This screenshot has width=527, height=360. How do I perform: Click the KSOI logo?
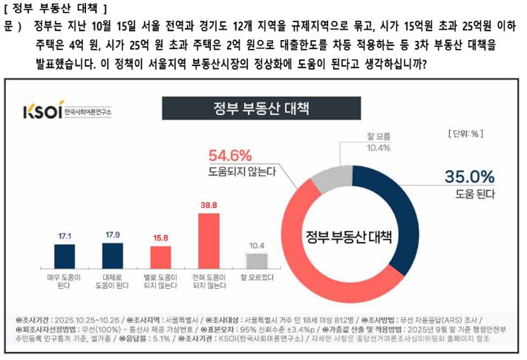(x=66, y=111)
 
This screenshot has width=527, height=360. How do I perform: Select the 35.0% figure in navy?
(x=468, y=177)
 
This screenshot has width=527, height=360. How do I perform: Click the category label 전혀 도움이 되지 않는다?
(x=209, y=281)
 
